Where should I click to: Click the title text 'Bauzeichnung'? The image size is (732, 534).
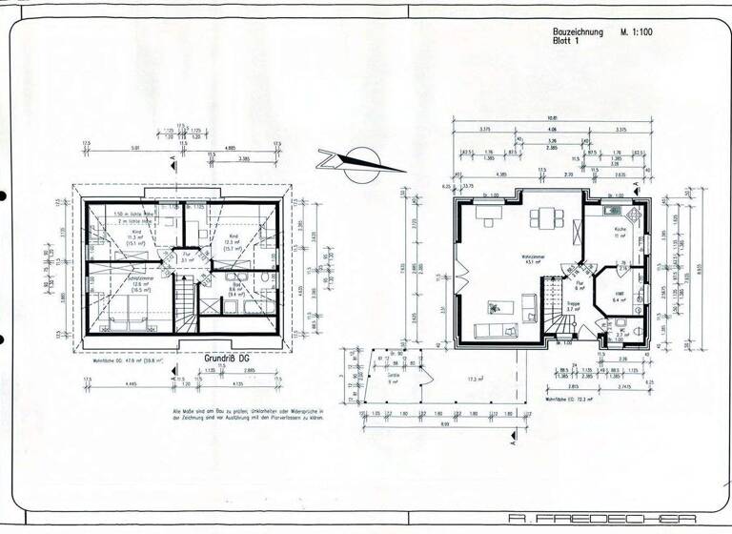pos(579,31)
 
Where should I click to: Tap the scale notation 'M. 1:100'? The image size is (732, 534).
pos(638,31)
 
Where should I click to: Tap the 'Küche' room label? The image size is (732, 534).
pos(620,230)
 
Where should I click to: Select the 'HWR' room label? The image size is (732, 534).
pos(618,295)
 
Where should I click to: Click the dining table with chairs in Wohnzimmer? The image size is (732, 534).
pos(546,218)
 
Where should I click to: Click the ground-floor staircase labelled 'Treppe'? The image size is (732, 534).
pos(557,305)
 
